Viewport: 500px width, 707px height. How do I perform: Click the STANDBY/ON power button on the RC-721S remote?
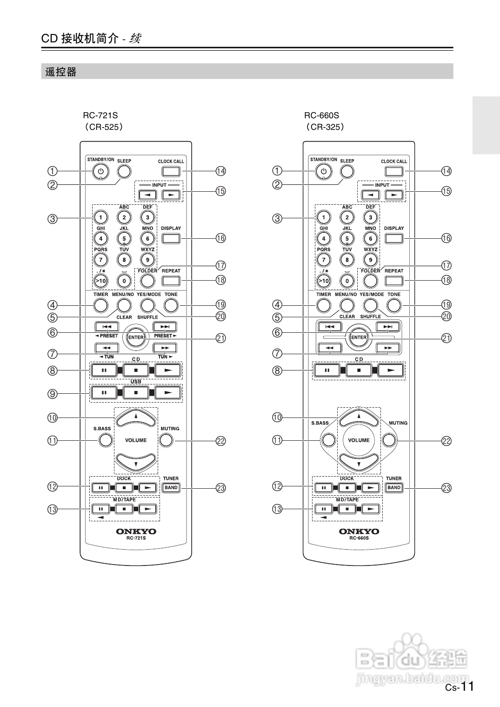[100, 172]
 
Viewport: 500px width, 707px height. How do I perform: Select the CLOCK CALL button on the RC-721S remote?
[171, 171]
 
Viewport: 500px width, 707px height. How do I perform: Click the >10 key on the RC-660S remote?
[323, 281]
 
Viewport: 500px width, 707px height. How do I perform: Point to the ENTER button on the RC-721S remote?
[136, 337]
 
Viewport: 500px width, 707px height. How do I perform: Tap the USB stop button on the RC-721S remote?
[136, 392]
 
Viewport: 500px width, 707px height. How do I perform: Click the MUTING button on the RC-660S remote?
[390, 440]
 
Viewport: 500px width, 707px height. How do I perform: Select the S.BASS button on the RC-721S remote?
[105, 440]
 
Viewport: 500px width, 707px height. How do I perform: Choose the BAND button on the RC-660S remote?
[394, 488]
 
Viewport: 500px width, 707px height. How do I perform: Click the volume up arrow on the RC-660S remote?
[359, 417]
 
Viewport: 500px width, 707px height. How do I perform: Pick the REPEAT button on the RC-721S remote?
[171, 281]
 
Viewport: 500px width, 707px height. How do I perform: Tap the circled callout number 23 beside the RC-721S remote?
[220, 488]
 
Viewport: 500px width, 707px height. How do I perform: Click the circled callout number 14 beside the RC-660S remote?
[446, 171]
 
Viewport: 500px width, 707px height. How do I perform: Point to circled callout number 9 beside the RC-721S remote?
[53, 394]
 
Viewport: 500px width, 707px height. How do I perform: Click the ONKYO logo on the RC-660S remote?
[359, 531]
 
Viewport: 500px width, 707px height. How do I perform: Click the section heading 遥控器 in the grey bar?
[61, 72]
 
